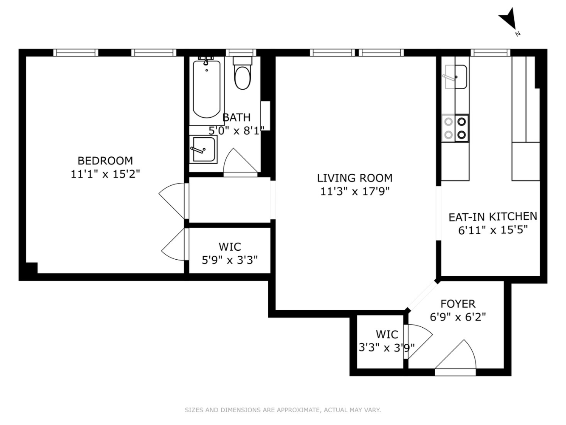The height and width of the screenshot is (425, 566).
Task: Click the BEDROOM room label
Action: pos(105,161)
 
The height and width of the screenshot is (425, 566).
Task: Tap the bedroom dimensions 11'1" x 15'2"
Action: pos(105,174)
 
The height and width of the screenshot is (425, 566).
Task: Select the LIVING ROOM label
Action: pos(355,178)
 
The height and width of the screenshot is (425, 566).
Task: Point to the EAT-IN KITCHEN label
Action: pos(493,217)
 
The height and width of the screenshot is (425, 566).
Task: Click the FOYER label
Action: pos(458,304)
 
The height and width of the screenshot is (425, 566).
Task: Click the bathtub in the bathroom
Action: pos(206,89)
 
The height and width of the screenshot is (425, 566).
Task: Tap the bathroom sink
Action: pos(203,149)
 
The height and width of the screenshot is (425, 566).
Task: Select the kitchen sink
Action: pos(456,77)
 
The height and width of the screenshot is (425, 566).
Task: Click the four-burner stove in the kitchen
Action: pos(455,128)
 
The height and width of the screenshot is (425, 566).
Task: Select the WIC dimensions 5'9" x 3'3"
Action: pos(230,260)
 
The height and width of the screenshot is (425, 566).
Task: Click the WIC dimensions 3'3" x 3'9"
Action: pos(386,348)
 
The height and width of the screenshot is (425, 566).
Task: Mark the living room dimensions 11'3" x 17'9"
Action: pos(355,191)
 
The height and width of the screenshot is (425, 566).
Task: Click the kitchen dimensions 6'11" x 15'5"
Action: pos(493,230)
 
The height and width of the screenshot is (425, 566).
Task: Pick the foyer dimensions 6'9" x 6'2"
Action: pos(458,317)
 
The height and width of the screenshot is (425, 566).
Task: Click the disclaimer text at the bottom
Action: pos(283,410)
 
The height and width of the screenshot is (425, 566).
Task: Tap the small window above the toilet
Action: pos(241,53)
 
